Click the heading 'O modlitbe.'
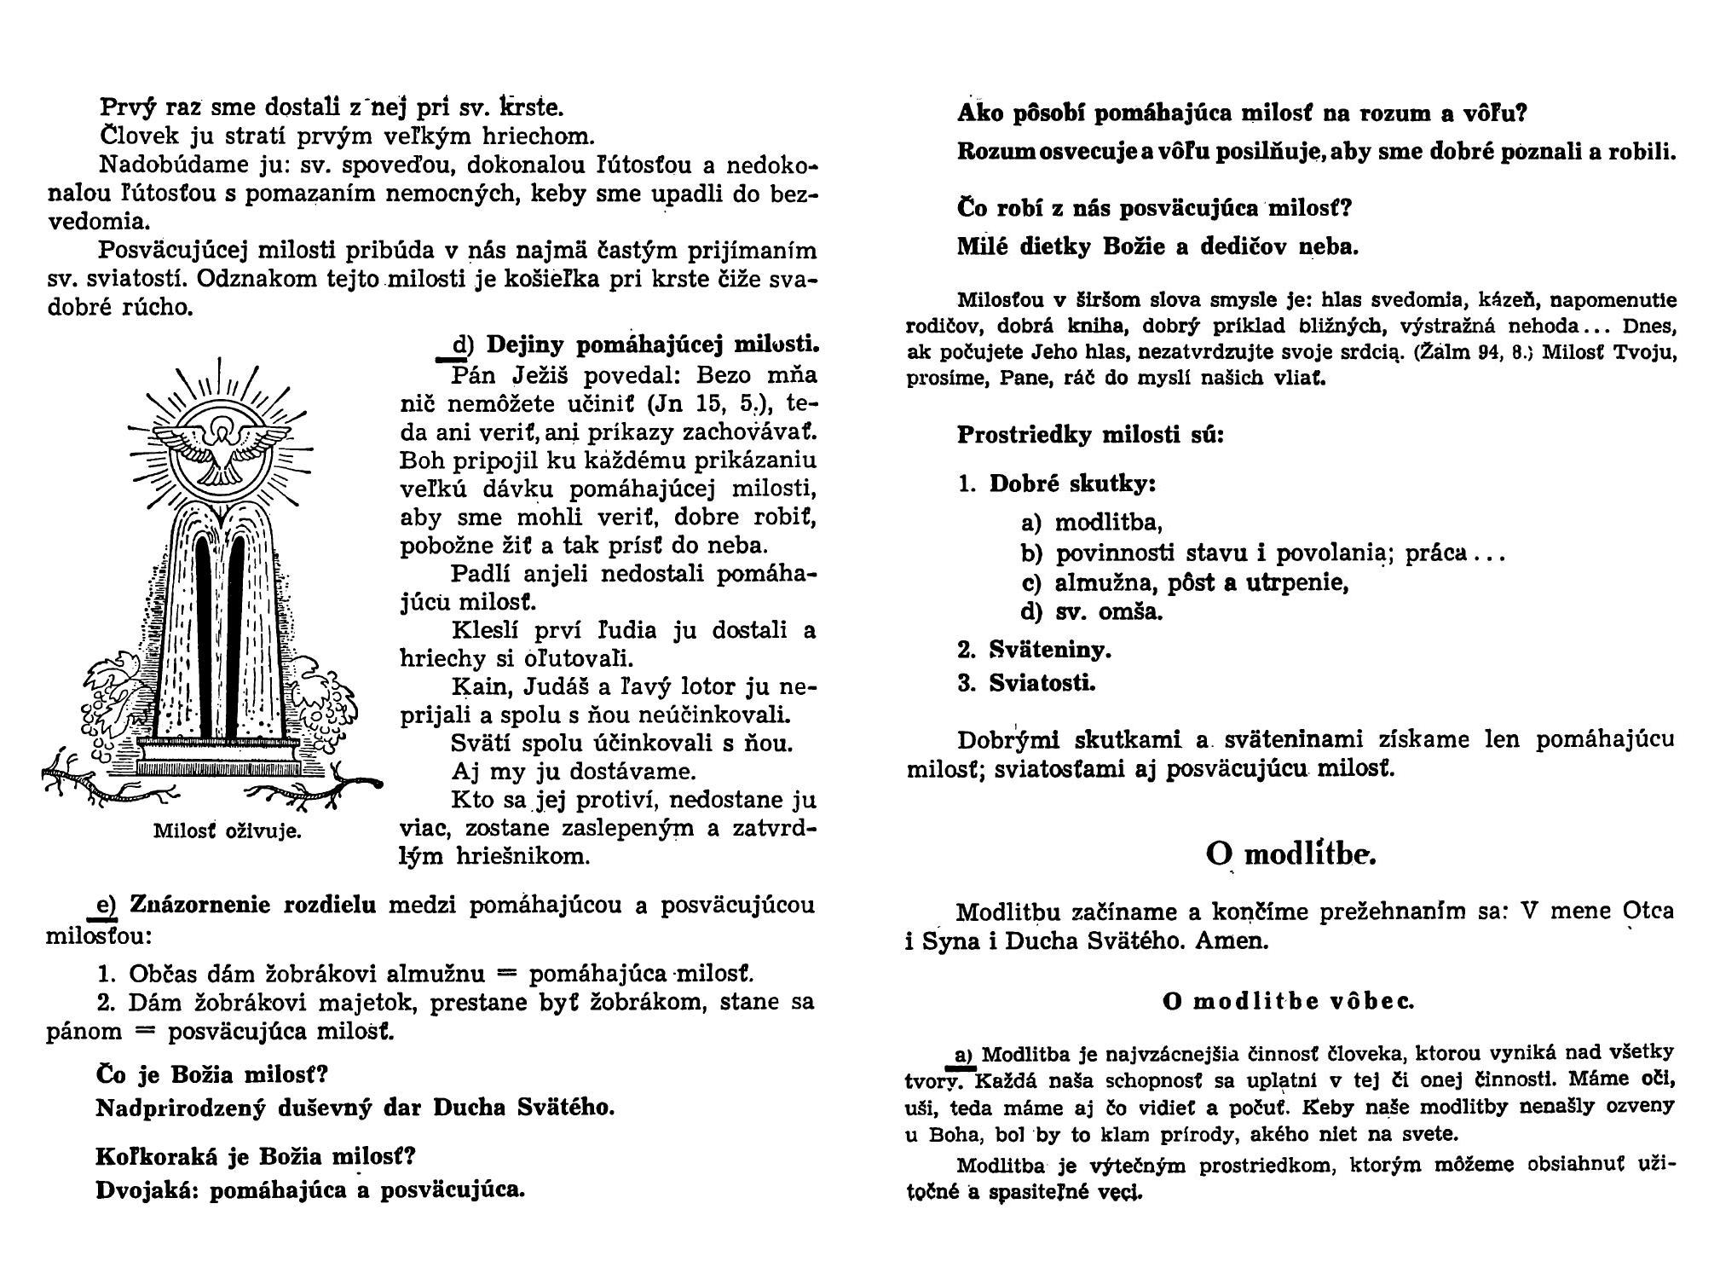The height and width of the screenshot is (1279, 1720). [1290, 854]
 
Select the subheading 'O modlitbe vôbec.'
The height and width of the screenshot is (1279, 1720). [1288, 1001]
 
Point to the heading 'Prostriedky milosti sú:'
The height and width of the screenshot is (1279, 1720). [1090, 435]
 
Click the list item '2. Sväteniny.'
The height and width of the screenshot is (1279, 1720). [1034, 651]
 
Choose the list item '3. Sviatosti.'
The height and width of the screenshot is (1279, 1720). [1026, 683]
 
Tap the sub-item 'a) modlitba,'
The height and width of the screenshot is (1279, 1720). [1091, 522]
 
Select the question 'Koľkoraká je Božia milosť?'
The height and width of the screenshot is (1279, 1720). [255, 1157]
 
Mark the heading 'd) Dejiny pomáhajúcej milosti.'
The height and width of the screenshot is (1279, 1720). [636, 344]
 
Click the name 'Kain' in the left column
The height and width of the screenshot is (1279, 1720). [476, 687]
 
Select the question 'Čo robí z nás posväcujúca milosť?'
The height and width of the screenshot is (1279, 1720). [1155, 208]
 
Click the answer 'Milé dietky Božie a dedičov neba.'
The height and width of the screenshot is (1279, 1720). [1157, 247]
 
